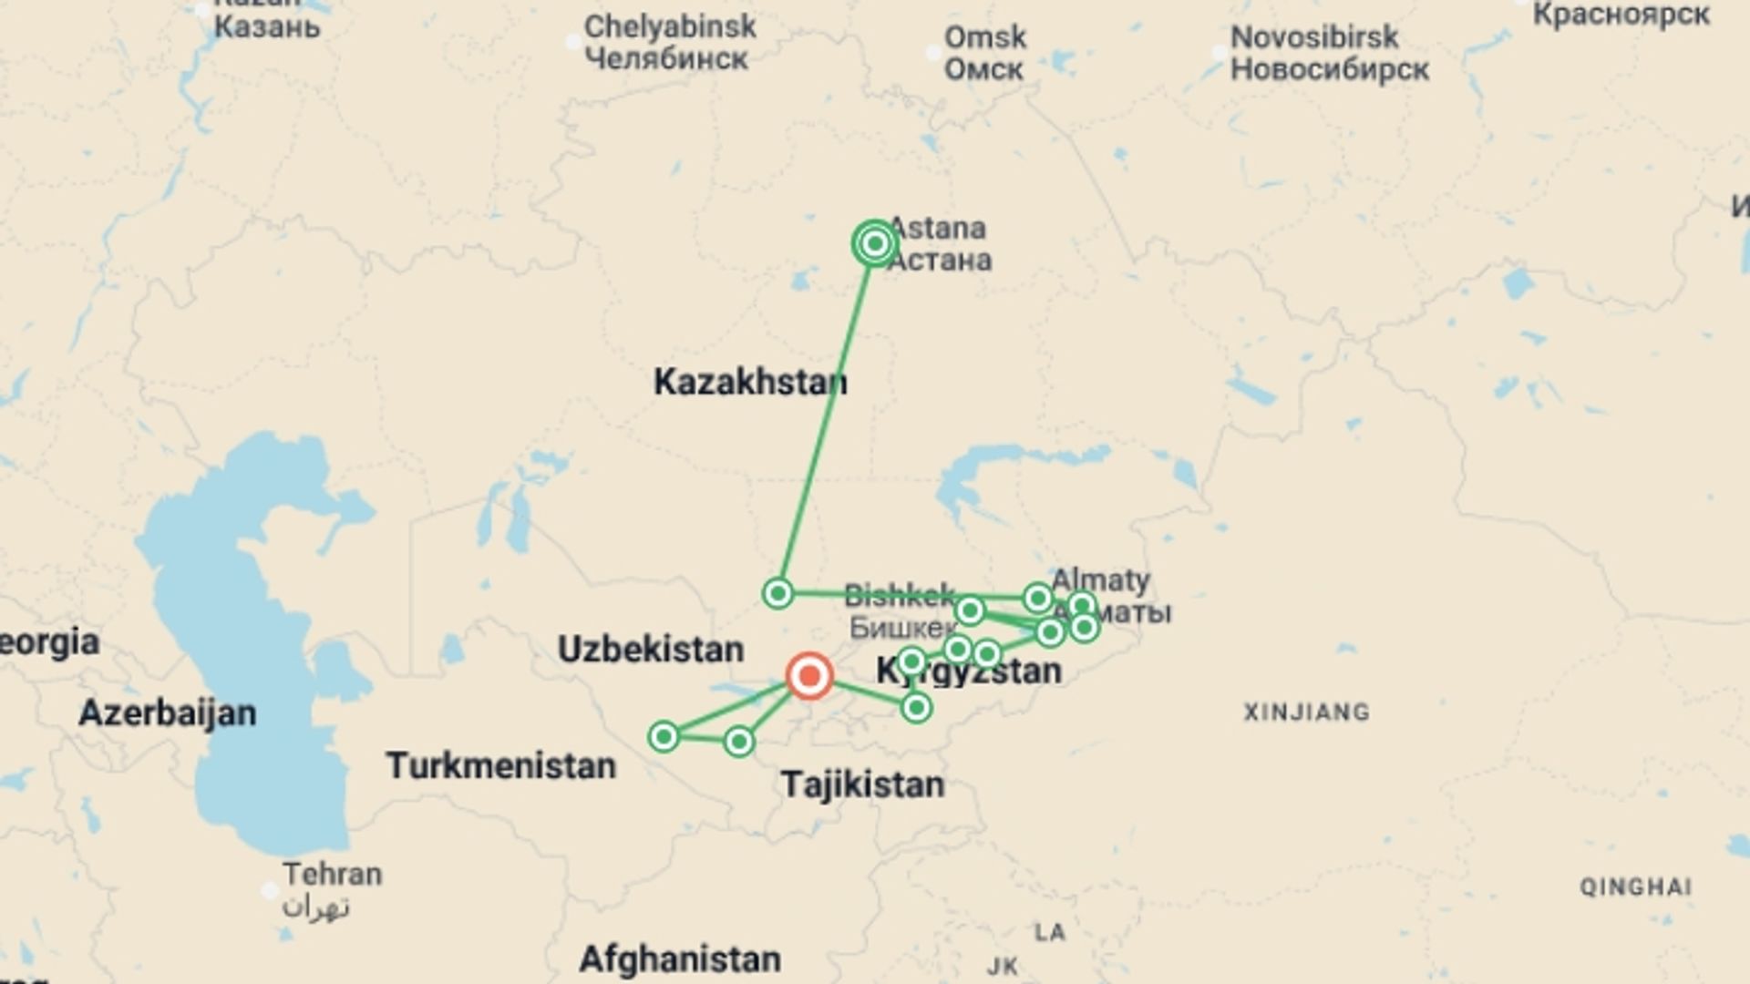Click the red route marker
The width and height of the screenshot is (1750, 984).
[809, 676]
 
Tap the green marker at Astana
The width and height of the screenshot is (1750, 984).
[875, 243]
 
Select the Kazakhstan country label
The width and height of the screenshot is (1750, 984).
[750, 382]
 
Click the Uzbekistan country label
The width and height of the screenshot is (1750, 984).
[651, 650]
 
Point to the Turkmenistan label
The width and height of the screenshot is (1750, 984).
[501, 765]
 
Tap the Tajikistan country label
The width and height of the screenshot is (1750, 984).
[862, 784]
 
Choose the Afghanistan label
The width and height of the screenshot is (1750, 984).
[680, 958]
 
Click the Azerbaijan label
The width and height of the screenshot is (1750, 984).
[168, 712]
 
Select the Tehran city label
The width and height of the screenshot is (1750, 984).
[332, 874]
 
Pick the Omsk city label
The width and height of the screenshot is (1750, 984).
[985, 38]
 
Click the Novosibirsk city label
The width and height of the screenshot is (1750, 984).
[1314, 37]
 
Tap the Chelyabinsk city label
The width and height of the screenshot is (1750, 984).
[670, 27]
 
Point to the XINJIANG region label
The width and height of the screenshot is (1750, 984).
[1307, 712]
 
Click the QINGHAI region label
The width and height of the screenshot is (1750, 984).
[1636, 887]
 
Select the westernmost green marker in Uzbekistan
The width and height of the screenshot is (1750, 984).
[664, 736]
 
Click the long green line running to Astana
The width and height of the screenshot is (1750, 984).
[825, 419]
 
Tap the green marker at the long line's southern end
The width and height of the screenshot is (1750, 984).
[777, 594]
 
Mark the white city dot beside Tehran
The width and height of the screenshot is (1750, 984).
[270, 890]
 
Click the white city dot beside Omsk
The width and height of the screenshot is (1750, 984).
[933, 53]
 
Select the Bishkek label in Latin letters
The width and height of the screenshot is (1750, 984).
[900, 596]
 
